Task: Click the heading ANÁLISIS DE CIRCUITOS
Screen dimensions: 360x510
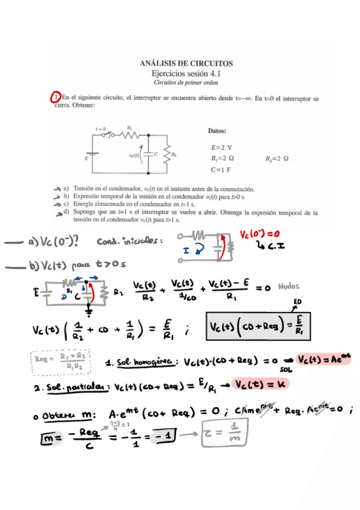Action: point(186,63)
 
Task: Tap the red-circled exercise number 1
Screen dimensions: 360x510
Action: point(56,97)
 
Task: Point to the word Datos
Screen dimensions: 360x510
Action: point(216,131)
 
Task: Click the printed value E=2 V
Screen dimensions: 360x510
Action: point(222,147)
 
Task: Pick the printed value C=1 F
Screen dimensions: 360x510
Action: point(221,170)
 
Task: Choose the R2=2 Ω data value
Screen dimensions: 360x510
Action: point(277,159)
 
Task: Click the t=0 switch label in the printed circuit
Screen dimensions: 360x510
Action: point(100,129)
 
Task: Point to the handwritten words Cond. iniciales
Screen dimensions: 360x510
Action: point(129,242)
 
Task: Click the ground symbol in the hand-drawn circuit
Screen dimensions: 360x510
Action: point(90,312)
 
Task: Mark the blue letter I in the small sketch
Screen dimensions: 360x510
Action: point(186,247)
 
